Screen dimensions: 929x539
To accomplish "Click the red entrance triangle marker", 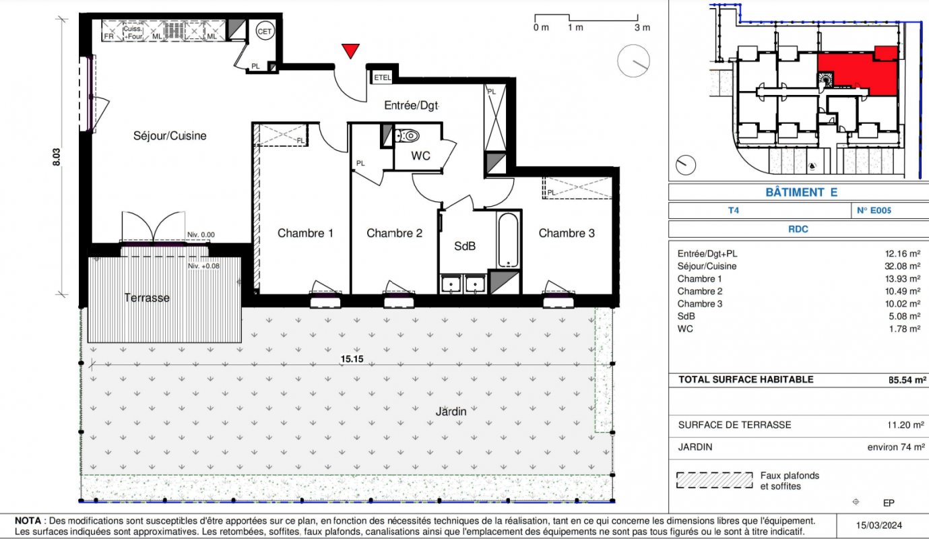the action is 350,51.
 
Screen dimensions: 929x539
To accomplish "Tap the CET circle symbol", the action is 265,31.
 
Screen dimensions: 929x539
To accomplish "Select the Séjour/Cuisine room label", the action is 170,135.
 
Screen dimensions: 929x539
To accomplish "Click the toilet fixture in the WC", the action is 408,135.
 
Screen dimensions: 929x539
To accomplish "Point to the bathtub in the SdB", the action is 508,239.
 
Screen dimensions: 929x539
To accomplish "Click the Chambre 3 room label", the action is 567,233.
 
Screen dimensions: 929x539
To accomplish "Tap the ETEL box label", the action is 383,77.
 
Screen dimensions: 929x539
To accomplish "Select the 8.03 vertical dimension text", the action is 57,157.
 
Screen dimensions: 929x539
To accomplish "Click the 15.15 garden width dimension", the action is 352,359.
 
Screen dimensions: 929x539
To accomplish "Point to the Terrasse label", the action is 147,298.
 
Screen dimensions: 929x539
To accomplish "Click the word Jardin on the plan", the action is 451,412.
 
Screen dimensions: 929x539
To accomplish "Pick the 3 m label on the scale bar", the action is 642,28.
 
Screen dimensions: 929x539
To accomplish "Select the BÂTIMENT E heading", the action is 801,193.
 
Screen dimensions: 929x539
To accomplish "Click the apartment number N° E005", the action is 874,210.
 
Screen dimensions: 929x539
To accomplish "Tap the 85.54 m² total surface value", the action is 907,380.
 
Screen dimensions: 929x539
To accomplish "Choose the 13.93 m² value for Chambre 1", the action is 903,279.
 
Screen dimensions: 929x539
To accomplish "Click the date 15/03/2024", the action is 879,526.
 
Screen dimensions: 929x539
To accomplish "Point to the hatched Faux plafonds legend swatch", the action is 715,480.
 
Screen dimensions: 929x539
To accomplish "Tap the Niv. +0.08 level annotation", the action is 203,266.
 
